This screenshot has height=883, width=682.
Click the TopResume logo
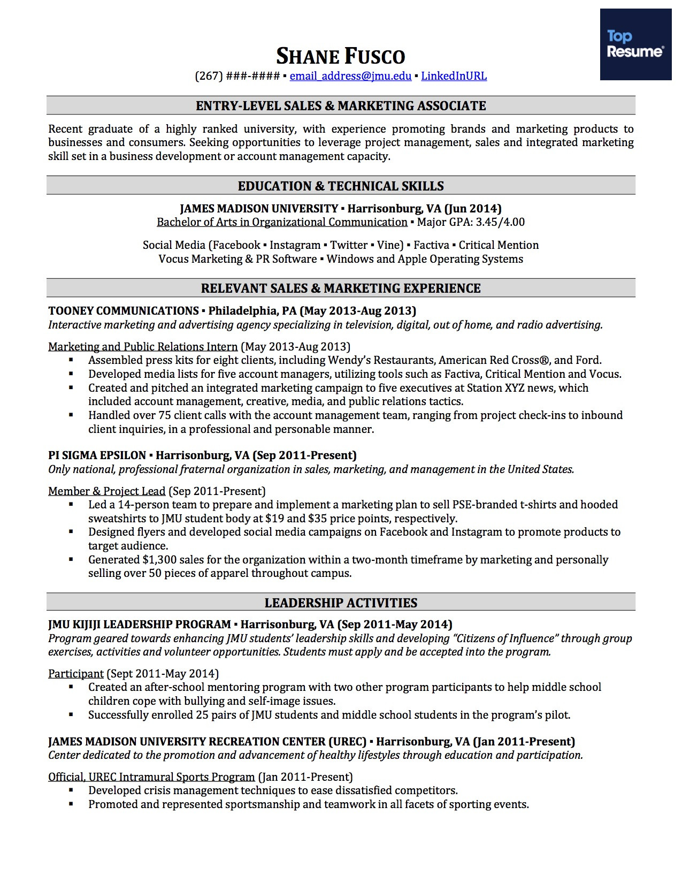click(635, 44)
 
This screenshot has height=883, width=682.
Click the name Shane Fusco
click(341, 56)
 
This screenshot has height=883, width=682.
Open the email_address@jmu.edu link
click(350, 76)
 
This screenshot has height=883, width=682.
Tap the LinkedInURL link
click(454, 76)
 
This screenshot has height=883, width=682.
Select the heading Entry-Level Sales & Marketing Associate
click(341, 106)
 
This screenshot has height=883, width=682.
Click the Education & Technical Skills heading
click(341, 186)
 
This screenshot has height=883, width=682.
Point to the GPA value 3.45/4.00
click(500, 222)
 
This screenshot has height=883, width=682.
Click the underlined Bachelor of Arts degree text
click(282, 222)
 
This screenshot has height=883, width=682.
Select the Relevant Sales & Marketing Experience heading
click(341, 288)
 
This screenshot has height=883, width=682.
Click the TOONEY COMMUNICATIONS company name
click(124, 311)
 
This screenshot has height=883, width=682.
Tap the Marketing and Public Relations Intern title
click(143, 347)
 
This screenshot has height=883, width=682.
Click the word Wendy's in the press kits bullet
click(348, 360)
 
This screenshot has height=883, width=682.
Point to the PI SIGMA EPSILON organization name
click(97, 455)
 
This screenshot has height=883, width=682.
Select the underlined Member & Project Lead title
click(107, 491)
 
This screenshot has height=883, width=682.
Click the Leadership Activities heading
click(341, 603)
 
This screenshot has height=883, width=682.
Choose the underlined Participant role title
click(76, 674)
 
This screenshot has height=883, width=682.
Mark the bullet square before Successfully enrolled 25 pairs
click(71, 715)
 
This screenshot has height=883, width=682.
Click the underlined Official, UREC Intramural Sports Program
click(151, 777)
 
